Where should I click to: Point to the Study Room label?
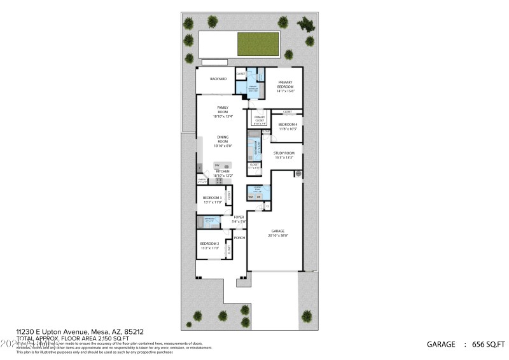[284, 155]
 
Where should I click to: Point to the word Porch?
[239, 238]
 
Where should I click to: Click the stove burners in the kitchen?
[219, 181]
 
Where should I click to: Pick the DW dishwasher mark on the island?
[216, 165]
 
